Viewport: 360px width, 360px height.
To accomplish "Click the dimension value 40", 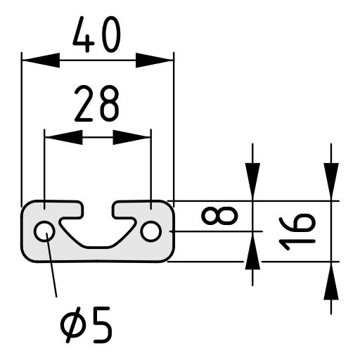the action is [97, 34].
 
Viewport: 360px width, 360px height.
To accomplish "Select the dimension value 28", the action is [97, 103].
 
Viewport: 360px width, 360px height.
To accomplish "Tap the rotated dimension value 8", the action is [219, 216].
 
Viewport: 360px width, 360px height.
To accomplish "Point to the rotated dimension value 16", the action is [297, 231].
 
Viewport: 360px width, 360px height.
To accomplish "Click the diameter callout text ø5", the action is [86, 325].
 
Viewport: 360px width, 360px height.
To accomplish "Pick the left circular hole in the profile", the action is [44, 231].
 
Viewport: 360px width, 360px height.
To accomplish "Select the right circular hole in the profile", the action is [151, 231].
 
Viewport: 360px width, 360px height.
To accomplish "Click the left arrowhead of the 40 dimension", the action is [41, 60].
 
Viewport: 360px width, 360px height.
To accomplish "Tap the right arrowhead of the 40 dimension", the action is [155, 60].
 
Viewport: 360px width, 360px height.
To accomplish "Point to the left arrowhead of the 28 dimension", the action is [63, 137].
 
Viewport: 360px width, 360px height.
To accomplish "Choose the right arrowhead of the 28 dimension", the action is [132, 137].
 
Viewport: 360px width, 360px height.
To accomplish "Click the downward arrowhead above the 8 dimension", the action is [252, 181].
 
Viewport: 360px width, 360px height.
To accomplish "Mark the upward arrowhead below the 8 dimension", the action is [252, 250].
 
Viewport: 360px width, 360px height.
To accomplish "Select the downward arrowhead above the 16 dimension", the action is [331, 181].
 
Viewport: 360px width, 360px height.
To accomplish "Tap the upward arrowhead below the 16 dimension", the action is [331, 281].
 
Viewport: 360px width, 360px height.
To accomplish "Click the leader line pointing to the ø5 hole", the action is [51, 265].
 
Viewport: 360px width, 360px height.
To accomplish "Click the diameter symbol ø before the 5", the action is [72, 325].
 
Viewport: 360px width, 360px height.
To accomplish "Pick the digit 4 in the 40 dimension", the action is [84, 34].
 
